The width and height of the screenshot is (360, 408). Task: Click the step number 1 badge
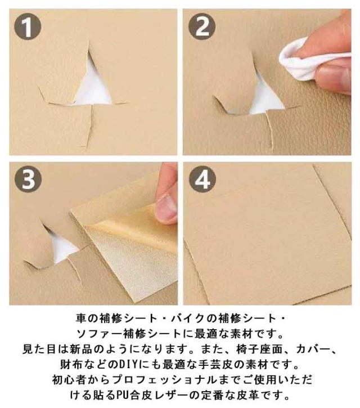27,26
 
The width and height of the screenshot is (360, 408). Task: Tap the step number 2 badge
202,26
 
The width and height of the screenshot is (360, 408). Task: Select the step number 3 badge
28,180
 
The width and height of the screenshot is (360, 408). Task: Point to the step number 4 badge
202,180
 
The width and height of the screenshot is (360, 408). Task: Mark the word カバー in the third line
312,349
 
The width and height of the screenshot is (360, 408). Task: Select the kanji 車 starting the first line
80,319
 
